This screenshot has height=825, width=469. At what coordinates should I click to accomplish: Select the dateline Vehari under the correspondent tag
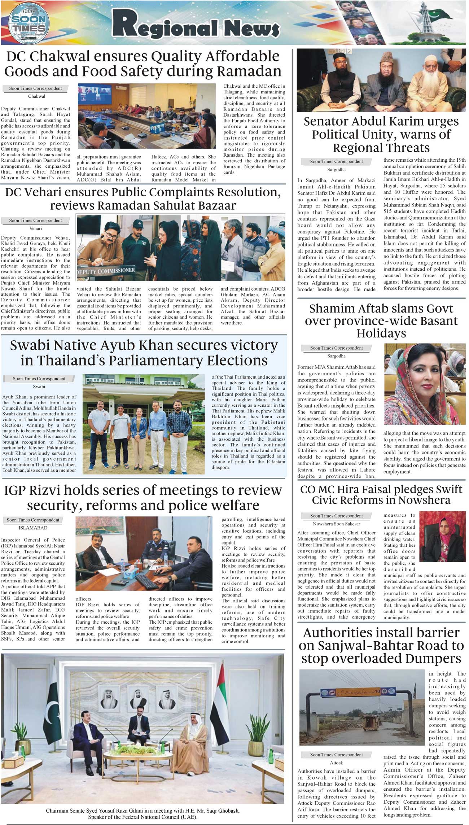point(36,228)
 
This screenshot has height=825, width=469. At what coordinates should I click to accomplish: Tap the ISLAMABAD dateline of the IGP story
point(33,528)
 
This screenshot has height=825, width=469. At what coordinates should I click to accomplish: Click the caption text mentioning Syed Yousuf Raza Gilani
point(143,811)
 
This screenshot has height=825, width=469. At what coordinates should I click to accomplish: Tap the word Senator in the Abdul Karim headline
point(326,122)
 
